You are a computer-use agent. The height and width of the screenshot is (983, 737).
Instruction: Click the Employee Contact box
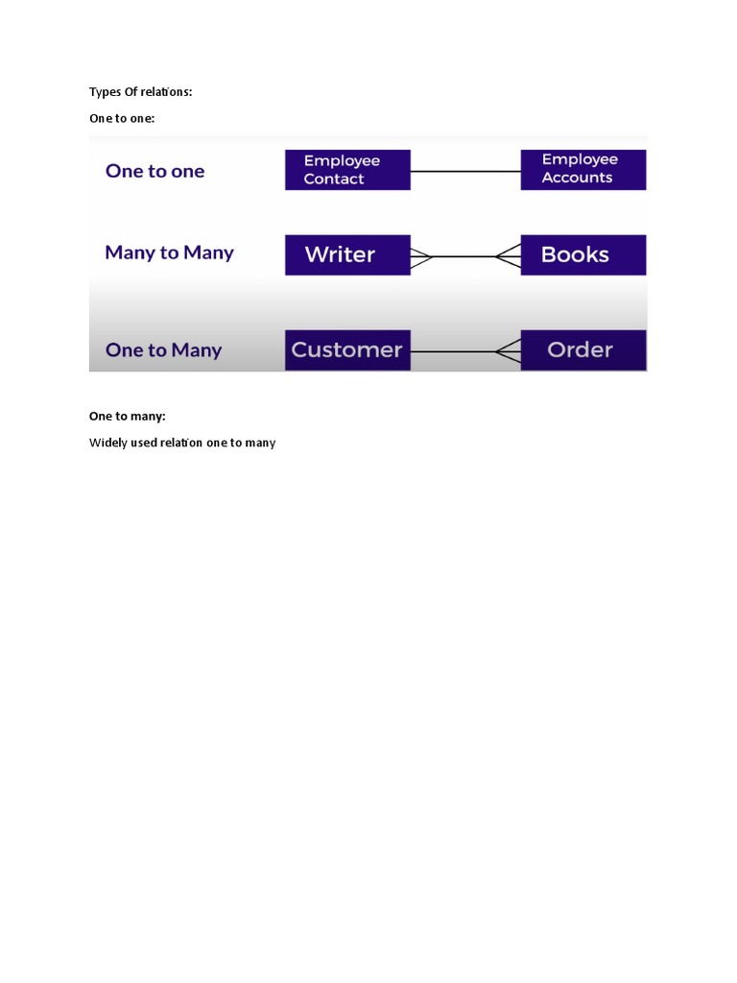pyautogui.click(x=347, y=170)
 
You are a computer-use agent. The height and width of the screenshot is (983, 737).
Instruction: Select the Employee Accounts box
pyautogui.click(x=582, y=169)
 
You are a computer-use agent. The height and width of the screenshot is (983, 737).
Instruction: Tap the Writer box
pyautogui.click(x=347, y=255)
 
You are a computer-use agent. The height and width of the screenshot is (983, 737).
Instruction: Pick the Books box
pyautogui.click(x=582, y=255)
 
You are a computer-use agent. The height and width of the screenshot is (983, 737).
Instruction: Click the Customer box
pyautogui.click(x=347, y=350)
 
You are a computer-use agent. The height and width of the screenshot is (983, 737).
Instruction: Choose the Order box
pyautogui.click(x=582, y=350)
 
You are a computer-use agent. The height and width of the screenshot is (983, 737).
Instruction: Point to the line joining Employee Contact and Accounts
pyautogui.click(x=465, y=171)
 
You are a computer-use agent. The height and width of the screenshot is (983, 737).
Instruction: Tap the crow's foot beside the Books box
pyautogui.click(x=509, y=256)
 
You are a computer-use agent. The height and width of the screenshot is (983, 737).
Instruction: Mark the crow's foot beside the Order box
pyautogui.click(x=509, y=351)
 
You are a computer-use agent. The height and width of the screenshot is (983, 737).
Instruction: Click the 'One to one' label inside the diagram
pyautogui.click(x=155, y=171)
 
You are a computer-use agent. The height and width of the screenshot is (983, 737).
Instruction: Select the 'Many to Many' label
pyautogui.click(x=169, y=253)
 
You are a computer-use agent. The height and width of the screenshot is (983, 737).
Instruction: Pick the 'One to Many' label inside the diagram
pyautogui.click(x=163, y=350)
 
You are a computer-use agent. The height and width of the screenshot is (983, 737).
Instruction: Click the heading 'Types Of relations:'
pyautogui.click(x=141, y=92)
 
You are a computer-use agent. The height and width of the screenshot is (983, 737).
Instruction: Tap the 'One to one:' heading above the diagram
pyautogui.click(x=122, y=118)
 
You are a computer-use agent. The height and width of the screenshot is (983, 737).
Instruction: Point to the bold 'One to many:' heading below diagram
pyautogui.click(x=128, y=417)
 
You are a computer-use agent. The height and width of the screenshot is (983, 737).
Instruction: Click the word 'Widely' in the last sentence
pyautogui.click(x=107, y=444)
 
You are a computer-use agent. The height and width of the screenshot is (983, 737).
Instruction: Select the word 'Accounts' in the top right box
pyautogui.click(x=577, y=178)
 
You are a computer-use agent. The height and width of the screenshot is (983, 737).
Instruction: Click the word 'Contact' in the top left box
pyautogui.click(x=334, y=180)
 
